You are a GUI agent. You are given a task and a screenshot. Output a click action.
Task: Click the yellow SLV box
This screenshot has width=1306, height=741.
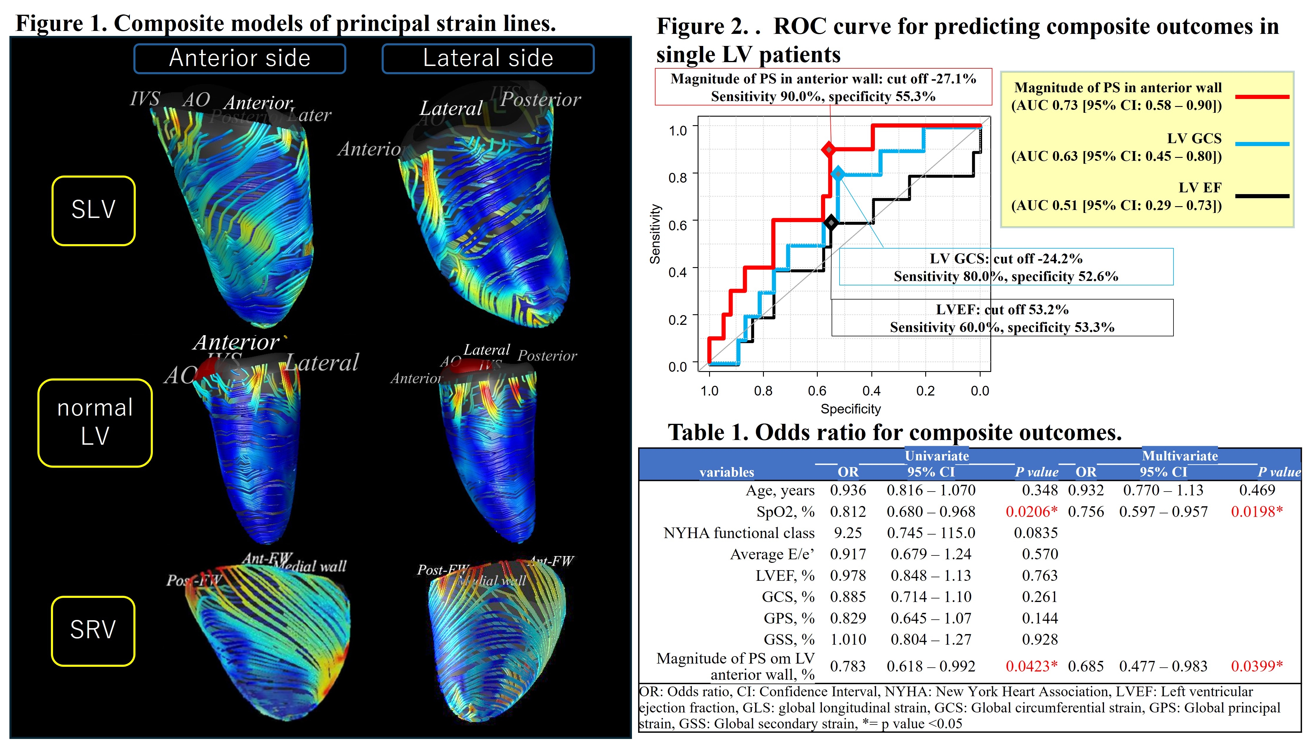pos(94,211)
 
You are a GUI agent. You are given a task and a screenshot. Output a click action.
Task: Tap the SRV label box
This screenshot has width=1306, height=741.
pos(93,631)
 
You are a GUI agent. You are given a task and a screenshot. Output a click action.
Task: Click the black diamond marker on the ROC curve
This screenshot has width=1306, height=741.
pos(831,222)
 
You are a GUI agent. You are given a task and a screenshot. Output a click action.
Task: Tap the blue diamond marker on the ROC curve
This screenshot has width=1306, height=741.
pos(838,174)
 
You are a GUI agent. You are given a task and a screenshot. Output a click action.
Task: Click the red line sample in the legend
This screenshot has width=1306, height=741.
pos(1262,96)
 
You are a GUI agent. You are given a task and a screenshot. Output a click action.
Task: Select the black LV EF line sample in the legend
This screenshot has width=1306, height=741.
pos(1262,196)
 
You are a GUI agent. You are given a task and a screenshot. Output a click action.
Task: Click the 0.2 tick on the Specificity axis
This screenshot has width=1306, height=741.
pos(926,391)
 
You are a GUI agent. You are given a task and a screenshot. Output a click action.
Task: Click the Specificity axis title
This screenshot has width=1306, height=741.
pos(850,409)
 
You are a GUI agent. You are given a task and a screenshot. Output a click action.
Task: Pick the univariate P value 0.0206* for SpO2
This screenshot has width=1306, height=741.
pos(1031,512)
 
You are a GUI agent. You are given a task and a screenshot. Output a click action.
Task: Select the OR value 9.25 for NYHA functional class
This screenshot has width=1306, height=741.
pos(848,533)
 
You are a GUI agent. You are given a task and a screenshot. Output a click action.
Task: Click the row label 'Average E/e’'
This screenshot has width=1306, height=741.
pos(772,554)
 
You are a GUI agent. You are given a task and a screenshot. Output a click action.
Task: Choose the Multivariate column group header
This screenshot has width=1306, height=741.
pos(1179,456)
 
